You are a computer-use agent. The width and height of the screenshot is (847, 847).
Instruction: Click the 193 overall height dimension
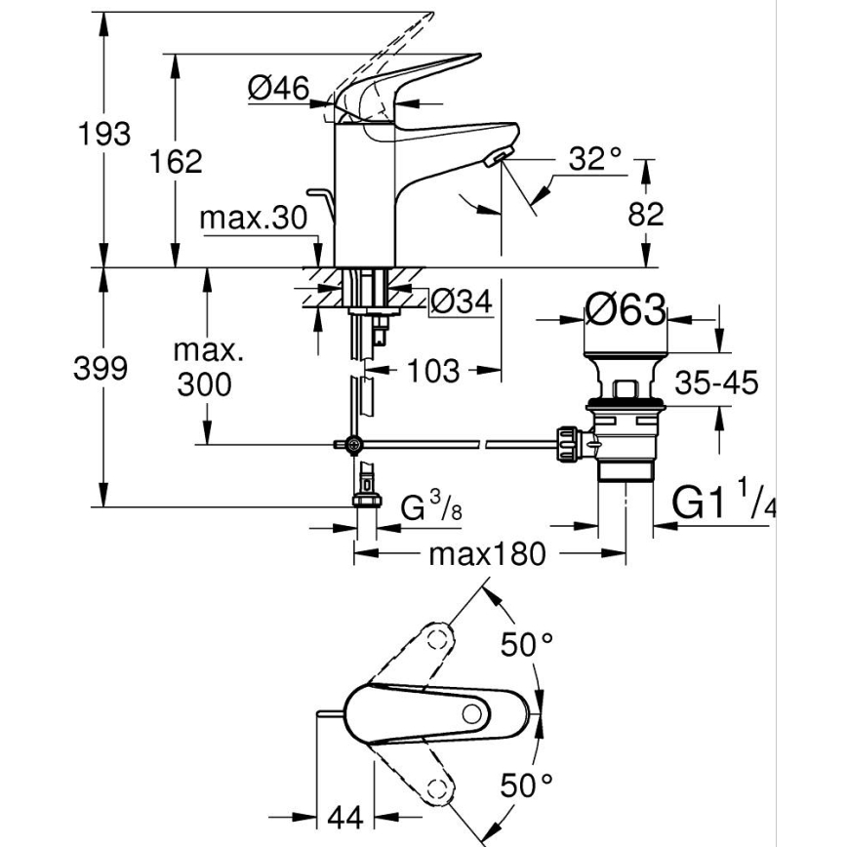103,135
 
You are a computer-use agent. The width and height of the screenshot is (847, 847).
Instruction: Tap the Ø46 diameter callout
277,89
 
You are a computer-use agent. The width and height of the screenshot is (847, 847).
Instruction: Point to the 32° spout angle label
593,157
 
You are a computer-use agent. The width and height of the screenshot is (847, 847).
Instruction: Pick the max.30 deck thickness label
254,218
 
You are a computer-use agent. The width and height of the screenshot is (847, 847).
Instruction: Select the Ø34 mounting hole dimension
460,302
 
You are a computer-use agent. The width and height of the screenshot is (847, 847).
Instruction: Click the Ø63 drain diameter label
625,312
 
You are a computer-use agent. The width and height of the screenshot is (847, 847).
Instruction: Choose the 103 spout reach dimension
431,370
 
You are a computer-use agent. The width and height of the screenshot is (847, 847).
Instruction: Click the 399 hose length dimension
102,369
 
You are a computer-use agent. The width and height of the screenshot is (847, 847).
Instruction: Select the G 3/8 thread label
429,507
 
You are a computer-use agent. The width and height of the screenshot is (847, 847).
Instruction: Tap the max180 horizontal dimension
486,555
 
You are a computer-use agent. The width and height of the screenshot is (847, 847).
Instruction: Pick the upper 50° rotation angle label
527,644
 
